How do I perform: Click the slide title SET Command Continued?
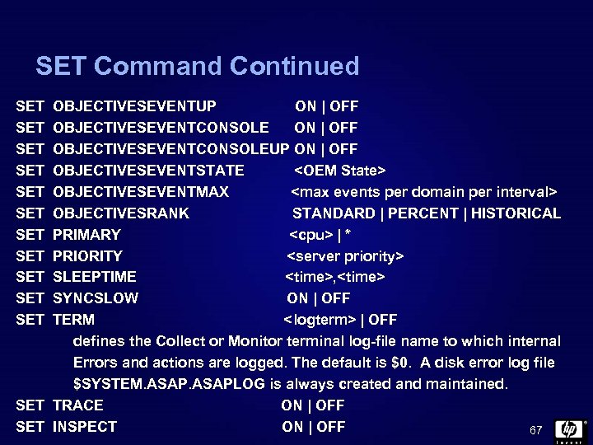[198, 66]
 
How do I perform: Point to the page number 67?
[536, 430]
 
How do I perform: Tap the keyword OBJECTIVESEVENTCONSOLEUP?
[171, 149]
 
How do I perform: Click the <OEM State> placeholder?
[340, 171]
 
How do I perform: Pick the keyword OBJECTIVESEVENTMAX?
[141, 192]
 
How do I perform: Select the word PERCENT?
[423, 213]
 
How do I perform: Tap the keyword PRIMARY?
[86, 235]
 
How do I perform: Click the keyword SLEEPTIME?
[95, 277]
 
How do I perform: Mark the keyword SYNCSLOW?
[96, 298]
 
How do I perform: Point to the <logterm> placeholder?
[320, 320]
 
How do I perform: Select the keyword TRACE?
[78, 405]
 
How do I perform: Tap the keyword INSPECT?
[85, 427]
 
